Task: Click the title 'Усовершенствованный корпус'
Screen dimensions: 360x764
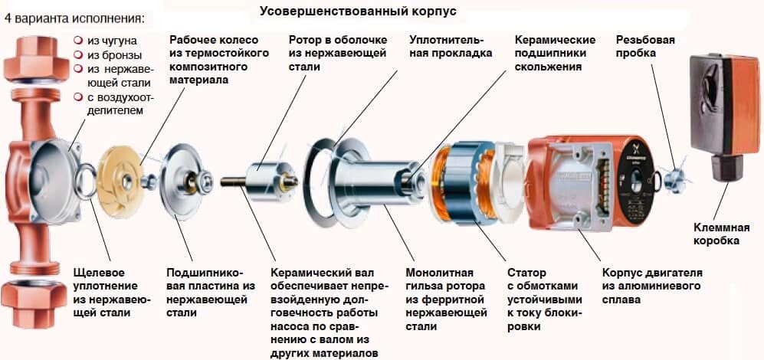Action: click(x=357, y=11)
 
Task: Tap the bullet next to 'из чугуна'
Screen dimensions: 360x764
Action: click(x=77, y=38)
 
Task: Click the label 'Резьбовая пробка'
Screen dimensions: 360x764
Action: click(x=645, y=46)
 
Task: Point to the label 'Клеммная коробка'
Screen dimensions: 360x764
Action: click(x=716, y=234)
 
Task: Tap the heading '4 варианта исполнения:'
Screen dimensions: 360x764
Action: click(x=74, y=17)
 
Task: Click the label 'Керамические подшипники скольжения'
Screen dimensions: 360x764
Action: click(x=555, y=53)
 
